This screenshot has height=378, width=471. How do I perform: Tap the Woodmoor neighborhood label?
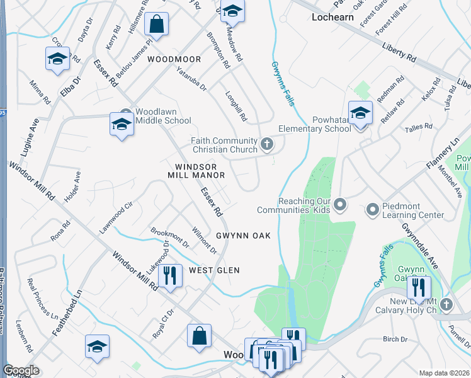(x=174, y=59)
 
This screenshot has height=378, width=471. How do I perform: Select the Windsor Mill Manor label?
(x=196, y=170)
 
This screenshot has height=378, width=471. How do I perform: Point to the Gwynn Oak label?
(x=243, y=236)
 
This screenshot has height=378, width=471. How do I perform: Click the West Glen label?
(x=214, y=270)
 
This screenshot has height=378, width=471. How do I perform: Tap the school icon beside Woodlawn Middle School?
(x=122, y=123)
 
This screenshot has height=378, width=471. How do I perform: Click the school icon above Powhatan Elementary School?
(x=361, y=113)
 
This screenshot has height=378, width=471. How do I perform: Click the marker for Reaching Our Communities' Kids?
(x=341, y=204)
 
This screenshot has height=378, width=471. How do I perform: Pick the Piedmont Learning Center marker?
(x=372, y=208)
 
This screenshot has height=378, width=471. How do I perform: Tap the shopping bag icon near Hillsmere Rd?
(x=156, y=25)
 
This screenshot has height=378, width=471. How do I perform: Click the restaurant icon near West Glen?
(x=170, y=275)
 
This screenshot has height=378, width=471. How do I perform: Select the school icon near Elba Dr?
(x=57, y=59)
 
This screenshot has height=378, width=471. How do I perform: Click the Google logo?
(x=21, y=370)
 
